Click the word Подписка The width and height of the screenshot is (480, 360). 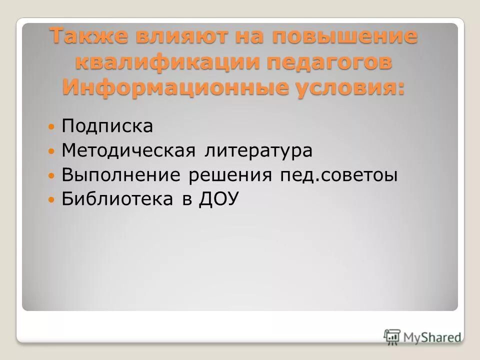107,126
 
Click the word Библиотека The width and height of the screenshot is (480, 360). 112,199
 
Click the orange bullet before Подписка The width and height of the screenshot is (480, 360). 51,126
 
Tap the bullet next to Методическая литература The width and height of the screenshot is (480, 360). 51,151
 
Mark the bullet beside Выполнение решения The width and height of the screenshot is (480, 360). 51,175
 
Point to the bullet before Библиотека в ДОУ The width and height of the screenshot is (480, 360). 51,200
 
